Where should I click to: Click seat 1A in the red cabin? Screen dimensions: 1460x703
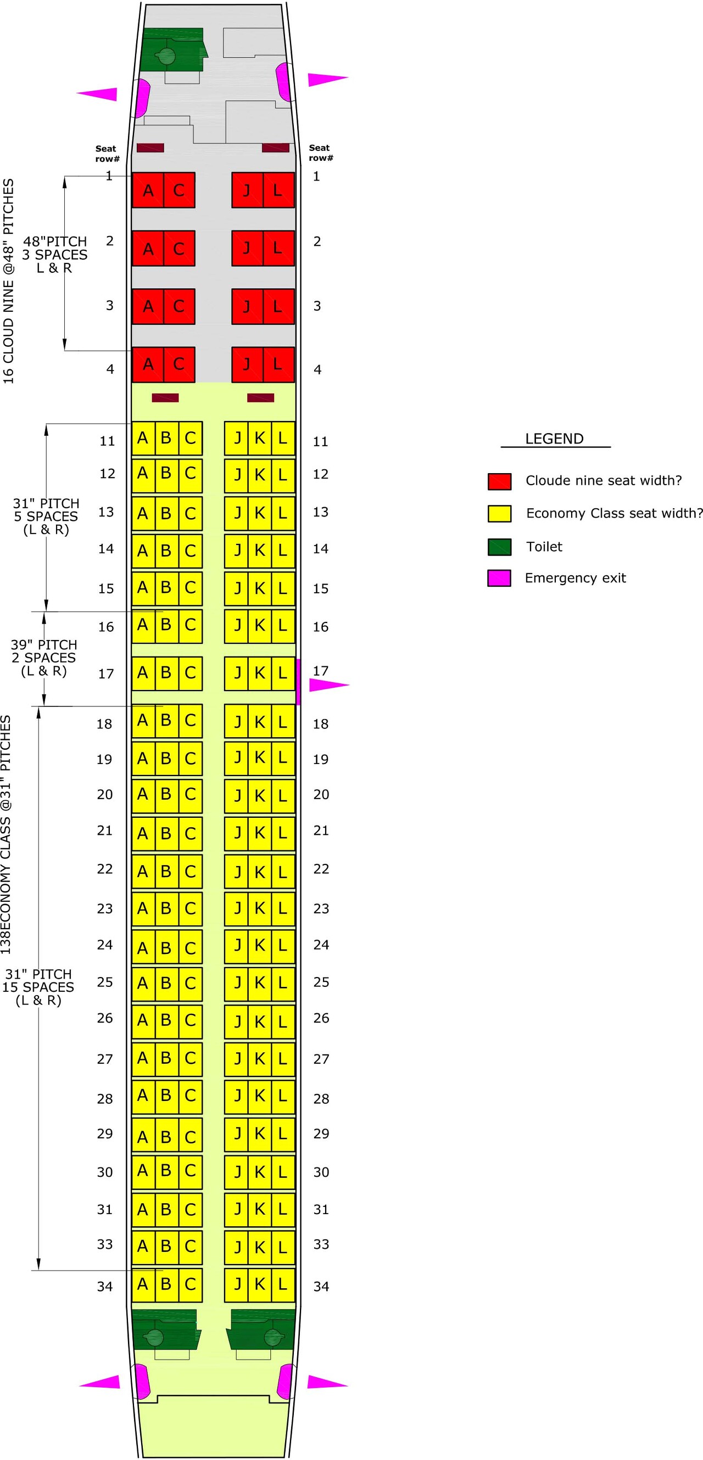(148, 190)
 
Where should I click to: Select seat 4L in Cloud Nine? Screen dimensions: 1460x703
(278, 364)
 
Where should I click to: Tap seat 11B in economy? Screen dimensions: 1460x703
(166, 438)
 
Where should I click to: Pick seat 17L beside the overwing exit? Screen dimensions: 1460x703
(283, 673)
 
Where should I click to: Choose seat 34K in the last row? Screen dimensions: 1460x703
(260, 1284)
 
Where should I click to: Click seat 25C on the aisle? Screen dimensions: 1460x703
(190, 984)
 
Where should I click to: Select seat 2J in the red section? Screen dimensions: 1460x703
(247, 248)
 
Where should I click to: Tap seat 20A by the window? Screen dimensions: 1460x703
(143, 795)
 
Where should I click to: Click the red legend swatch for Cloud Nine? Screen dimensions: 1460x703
(499, 481)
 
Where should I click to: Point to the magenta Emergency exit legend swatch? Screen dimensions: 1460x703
(499, 578)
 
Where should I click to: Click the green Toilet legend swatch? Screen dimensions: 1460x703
(499, 547)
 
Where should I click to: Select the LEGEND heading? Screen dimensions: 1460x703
(554, 439)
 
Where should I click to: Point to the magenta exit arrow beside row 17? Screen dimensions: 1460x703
(328, 685)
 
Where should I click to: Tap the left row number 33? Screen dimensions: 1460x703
(105, 1244)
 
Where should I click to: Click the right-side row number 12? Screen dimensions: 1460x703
(321, 474)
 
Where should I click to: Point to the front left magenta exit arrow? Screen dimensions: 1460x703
(98, 94)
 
